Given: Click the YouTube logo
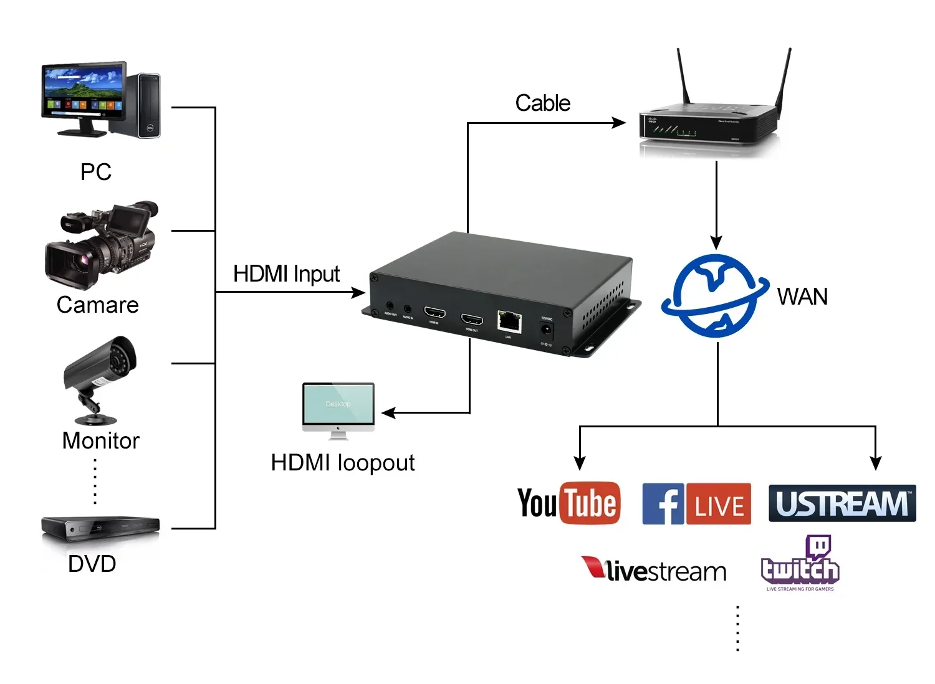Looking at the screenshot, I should [x=568, y=503].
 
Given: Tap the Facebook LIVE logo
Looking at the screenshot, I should [x=696, y=503].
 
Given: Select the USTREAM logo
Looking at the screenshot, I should [x=842, y=503].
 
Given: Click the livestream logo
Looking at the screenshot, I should [x=654, y=570].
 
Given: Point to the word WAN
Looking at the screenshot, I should [x=802, y=297].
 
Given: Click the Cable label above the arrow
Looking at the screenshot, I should [x=542, y=103].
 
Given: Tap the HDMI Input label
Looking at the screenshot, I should [x=286, y=274].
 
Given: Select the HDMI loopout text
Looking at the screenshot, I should [x=343, y=463].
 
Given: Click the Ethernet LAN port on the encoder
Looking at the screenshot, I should [x=509, y=321].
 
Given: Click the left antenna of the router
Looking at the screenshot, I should [x=684, y=76].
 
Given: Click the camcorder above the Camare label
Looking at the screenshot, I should [x=101, y=245].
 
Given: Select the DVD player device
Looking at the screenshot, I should [x=100, y=528].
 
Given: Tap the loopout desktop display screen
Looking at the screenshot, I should [x=338, y=404].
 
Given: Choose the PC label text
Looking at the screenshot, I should [x=96, y=173].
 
